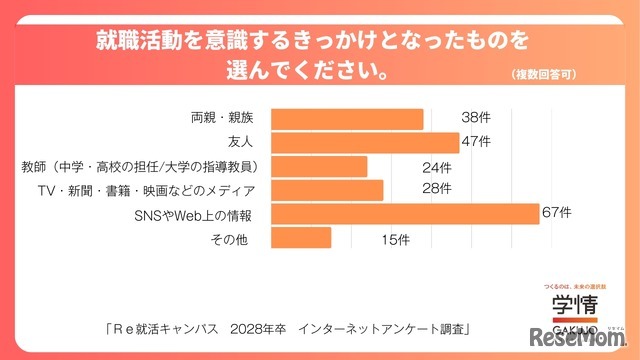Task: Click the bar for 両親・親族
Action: tap(347, 119)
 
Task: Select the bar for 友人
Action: tap(365, 143)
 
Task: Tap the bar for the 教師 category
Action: tap(319, 166)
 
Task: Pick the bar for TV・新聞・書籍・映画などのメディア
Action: tap(327, 190)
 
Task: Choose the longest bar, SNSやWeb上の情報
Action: tap(405, 214)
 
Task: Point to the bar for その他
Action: tap(301, 238)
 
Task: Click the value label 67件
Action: tap(556, 212)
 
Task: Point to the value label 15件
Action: tap(396, 238)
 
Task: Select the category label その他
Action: tap(228, 238)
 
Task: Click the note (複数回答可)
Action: tap(544, 74)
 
